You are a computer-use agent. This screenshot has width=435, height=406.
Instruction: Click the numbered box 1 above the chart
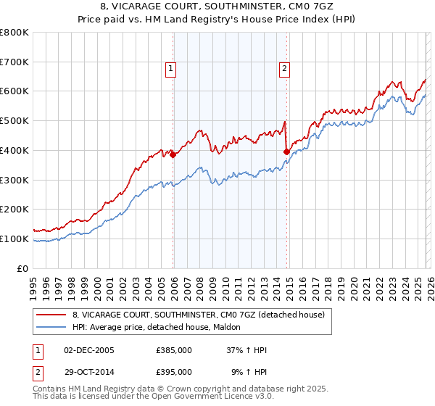(x=170, y=70)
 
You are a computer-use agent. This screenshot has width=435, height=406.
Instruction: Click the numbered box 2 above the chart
(x=284, y=70)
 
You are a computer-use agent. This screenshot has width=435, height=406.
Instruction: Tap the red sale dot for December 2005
(x=173, y=154)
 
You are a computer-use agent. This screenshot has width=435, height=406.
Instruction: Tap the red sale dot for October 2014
(x=286, y=152)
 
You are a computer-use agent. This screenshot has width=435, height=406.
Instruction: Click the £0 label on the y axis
(x=22, y=268)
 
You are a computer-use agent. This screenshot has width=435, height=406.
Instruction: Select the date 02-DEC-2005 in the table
(x=89, y=350)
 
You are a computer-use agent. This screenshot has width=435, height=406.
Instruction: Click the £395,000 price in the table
(x=174, y=371)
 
